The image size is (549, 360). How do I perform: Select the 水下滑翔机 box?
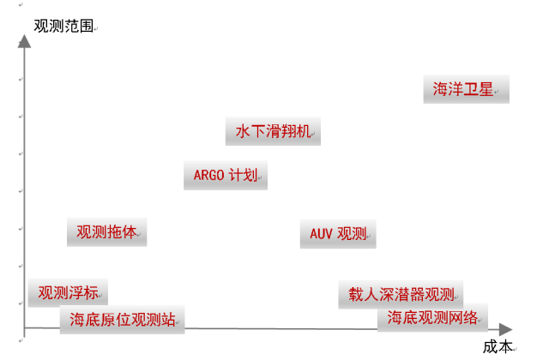pos(273,132)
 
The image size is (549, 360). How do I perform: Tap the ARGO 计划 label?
pos(226,176)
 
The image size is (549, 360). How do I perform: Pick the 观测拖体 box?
pos(107,231)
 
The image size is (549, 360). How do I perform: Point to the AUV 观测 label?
pos(338,233)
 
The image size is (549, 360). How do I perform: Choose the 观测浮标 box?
pos(68,292)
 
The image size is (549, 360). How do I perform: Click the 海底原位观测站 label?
pos(123,320)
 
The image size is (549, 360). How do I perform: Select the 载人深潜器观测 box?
pos(401,293)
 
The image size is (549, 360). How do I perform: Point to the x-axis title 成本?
pos(497,346)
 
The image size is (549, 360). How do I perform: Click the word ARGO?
pos(209,176)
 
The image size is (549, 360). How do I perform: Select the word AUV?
pos(322,233)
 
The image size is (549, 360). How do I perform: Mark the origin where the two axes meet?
pos(24,328)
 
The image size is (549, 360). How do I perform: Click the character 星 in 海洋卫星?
pos(486,88)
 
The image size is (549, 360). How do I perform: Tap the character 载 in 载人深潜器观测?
pos(353,293)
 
